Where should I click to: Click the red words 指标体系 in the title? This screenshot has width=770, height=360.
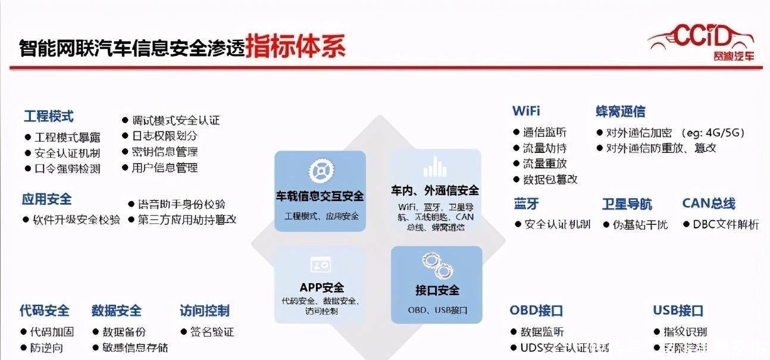click(x=295, y=45)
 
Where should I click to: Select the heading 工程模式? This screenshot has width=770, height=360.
click(x=49, y=116)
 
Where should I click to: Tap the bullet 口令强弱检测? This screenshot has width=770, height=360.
click(x=67, y=168)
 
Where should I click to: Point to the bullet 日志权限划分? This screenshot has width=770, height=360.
click(x=165, y=136)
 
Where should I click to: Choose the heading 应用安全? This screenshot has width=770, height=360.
click(x=46, y=199)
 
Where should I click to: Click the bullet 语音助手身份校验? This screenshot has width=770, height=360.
click(x=181, y=204)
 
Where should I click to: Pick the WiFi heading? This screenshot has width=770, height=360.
click(x=526, y=111)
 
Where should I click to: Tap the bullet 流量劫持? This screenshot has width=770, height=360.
click(x=544, y=148)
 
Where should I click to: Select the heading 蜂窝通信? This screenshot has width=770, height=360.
click(x=620, y=111)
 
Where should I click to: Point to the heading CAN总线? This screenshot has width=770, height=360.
click(x=708, y=204)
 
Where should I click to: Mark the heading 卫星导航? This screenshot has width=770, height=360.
click(x=627, y=204)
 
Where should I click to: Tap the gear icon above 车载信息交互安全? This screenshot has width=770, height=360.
click(x=320, y=171)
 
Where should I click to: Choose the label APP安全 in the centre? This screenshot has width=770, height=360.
click(x=321, y=287)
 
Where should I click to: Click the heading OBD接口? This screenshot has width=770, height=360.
click(x=536, y=311)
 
